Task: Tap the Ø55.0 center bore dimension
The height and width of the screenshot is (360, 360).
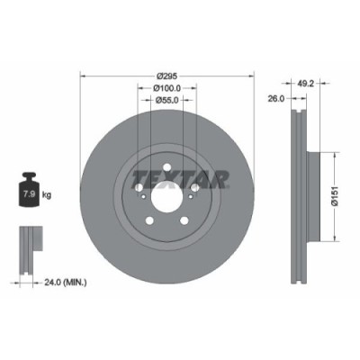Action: click(165, 101)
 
